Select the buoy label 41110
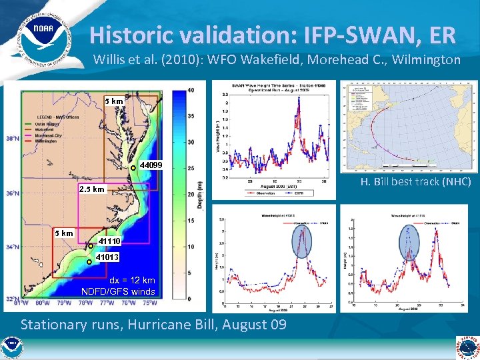tap(109, 241)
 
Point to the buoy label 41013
tap(107, 257)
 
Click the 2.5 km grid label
tap(92, 189)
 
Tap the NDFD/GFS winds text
tap(118, 291)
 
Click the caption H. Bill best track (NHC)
tap(415, 182)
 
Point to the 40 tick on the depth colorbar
tap(191, 90)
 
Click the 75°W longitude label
tap(150, 303)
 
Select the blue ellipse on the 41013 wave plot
tap(303, 241)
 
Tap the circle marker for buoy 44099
tap(133, 167)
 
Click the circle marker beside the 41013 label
tap(89, 261)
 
